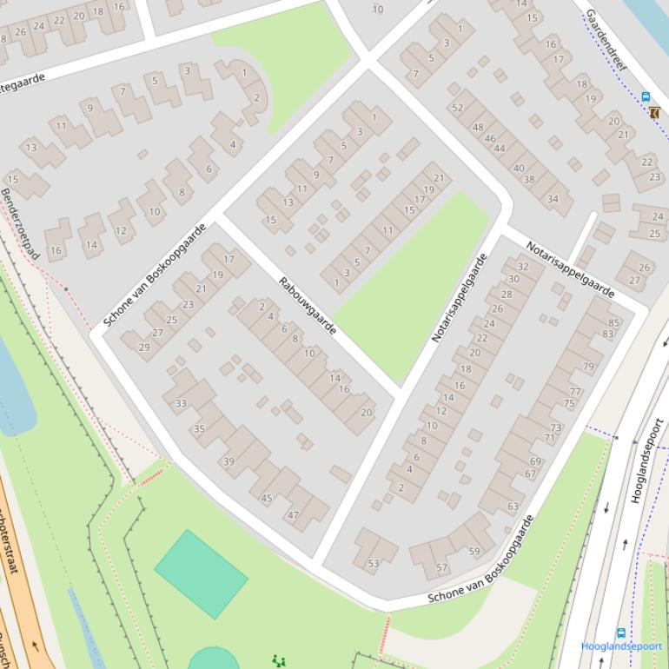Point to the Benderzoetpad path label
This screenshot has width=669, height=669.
pyautogui.click(x=20, y=223)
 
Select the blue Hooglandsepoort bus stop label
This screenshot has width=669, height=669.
pyautogui.click(x=621, y=646)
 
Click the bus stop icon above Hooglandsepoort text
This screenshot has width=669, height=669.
pyautogui.click(x=621, y=633)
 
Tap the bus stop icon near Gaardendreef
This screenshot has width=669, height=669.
pyautogui.click(x=646, y=97)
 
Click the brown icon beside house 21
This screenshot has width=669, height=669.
pyautogui.click(x=653, y=112)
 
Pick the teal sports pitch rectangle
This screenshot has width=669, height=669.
pyautogui.click(x=201, y=573)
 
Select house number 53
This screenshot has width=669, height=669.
pyautogui.click(x=374, y=563)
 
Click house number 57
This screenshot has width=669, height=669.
pyautogui.click(x=442, y=568)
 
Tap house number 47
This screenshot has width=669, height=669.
pyautogui.click(x=293, y=515)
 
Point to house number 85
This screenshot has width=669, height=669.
pyautogui.click(x=615, y=323)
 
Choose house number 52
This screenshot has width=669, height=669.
pyautogui.click(x=457, y=108)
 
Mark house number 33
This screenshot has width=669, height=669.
pyautogui.click(x=181, y=403)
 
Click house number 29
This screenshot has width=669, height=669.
pyautogui.click(x=144, y=347)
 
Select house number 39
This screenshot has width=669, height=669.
pyautogui.click(x=229, y=461)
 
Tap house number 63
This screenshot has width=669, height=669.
pyautogui.click(x=513, y=506)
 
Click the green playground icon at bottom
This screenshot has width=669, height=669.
pyautogui.click(x=278, y=661)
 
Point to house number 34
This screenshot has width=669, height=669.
pyautogui.click(x=553, y=199)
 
